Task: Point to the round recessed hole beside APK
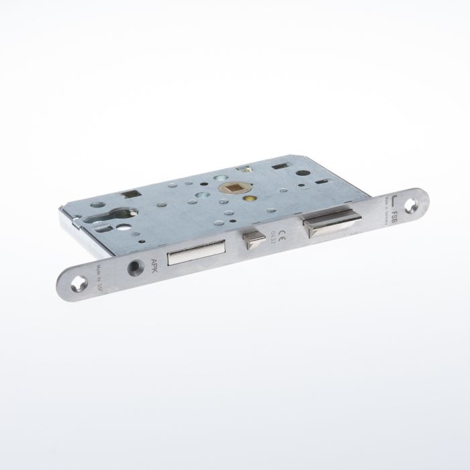pos(134,268)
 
